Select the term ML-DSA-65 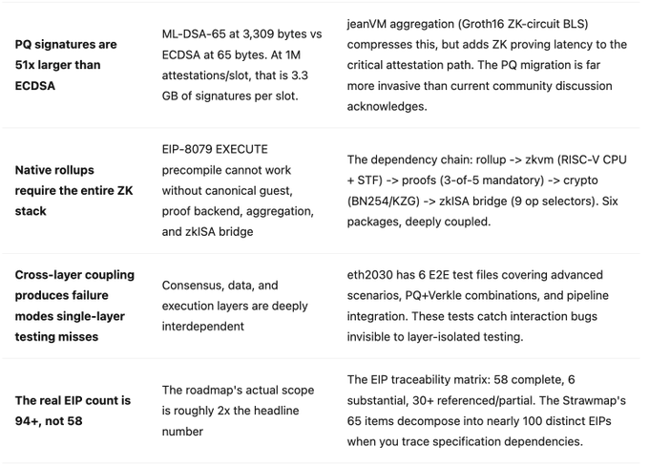click(195, 34)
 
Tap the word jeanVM click(370, 24)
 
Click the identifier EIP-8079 click(190, 150)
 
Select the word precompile click(197, 170)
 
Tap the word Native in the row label click(34, 170)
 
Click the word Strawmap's click(574, 400)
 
